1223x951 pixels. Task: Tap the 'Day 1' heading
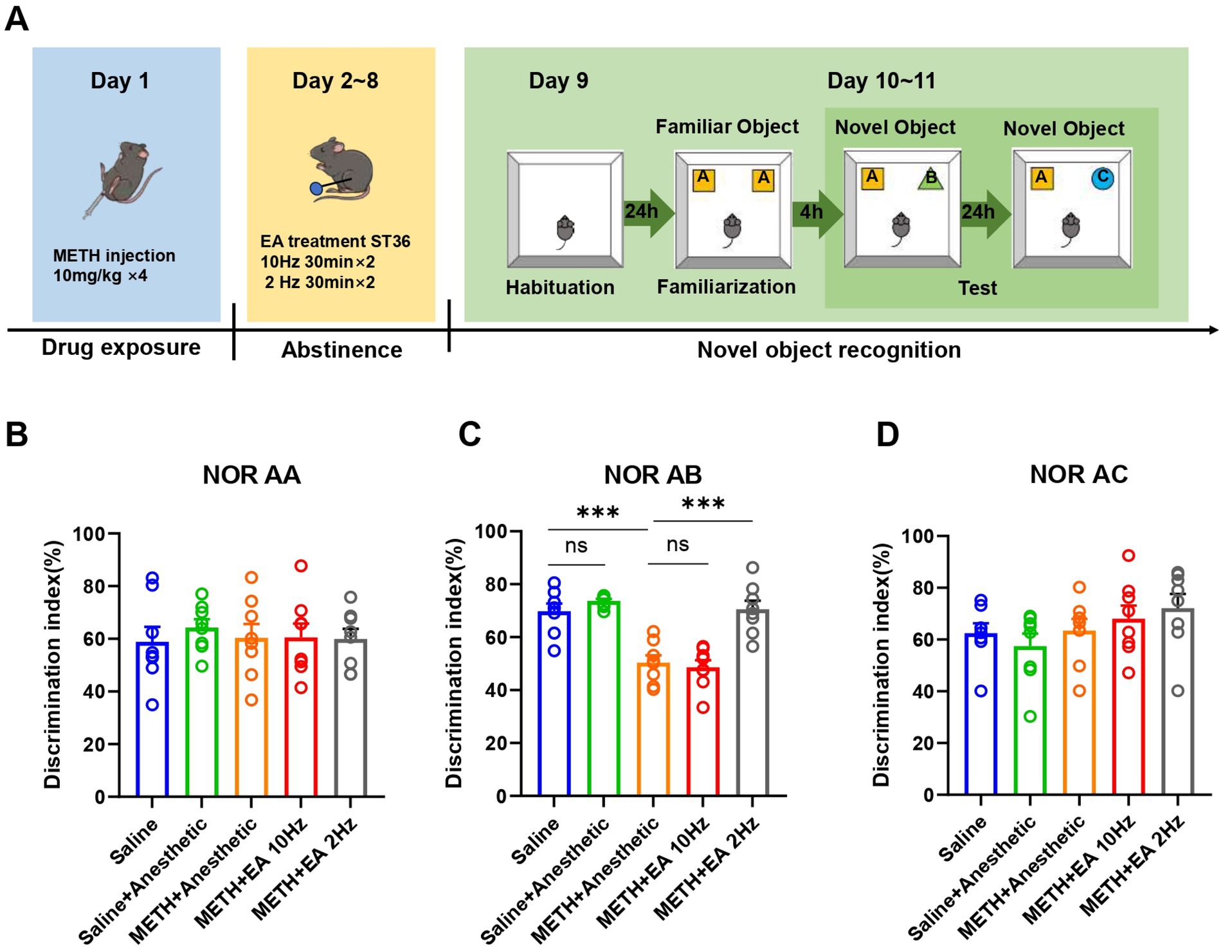(120, 81)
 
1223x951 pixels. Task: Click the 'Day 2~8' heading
(335, 81)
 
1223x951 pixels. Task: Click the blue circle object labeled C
(1102, 177)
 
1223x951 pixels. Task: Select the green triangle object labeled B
(930, 178)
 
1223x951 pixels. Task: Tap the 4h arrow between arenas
(815, 212)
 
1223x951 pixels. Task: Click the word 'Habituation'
(559, 287)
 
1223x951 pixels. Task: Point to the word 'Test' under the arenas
(977, 288)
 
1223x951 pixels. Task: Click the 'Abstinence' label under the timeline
(341, 350)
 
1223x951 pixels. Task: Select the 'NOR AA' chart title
(251, 475)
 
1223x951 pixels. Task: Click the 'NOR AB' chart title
(653, 475)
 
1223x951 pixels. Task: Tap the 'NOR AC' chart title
(1078, 475)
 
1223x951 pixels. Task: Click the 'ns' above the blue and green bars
(576, 546)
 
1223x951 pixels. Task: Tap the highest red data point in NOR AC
(1128, 556)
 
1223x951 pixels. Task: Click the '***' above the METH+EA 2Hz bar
(703, 503)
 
